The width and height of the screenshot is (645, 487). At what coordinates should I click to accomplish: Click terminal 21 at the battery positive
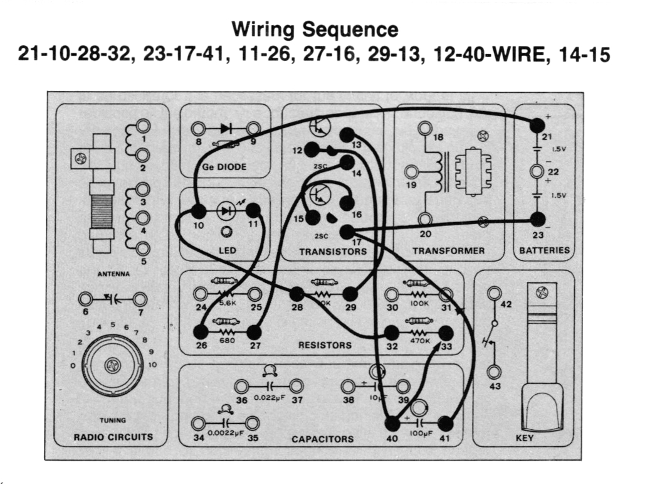(537, 126)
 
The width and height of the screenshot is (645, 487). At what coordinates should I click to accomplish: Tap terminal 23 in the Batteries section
(537, 219)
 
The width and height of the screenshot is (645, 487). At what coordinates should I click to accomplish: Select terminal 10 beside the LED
(199, 211)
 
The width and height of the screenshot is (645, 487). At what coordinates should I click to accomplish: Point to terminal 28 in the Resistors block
(296, 293)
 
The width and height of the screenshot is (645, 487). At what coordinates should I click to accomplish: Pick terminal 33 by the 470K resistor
(446, 333)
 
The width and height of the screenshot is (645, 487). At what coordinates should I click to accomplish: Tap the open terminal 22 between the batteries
(537, 171)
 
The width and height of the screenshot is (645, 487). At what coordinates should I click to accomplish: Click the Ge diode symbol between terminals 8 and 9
(226, 129)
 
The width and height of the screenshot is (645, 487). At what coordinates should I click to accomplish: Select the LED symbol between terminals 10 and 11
(225, 211)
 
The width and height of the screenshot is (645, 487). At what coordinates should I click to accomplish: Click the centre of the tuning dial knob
(113, 365)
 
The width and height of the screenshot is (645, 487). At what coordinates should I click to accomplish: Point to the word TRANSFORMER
(448, 251)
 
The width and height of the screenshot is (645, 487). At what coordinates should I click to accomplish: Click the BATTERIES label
(544, 250)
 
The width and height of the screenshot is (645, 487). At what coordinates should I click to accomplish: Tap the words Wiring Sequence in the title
(315, 29)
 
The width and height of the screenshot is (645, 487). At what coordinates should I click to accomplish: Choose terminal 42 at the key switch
(494, 292)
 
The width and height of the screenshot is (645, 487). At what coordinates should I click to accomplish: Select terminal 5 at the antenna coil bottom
(143, 249)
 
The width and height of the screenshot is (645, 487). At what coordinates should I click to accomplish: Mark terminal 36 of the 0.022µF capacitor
(241, 386)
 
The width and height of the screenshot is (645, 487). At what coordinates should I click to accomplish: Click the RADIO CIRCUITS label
(113, 437)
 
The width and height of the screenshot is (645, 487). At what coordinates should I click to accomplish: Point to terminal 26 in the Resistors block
(201, 332)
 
